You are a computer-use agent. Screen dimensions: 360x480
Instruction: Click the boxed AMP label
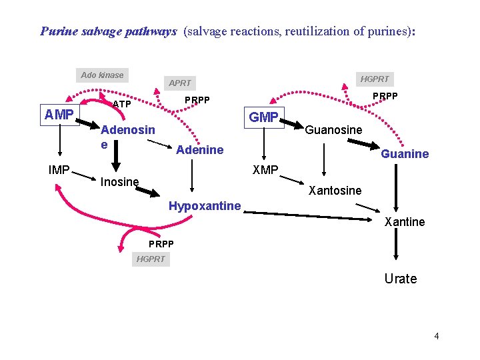59,115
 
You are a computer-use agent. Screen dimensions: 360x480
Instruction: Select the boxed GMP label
264,117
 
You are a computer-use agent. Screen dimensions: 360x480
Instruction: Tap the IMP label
59,170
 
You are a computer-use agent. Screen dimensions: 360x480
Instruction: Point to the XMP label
265,170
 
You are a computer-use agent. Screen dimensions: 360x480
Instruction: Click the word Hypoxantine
205,206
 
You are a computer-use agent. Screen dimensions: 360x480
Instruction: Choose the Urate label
400,279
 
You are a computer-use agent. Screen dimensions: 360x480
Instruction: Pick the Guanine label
405,154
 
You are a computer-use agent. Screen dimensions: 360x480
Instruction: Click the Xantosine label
335,191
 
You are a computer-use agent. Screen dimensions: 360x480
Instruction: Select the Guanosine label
333,129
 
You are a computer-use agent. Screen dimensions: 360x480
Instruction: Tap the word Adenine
199,149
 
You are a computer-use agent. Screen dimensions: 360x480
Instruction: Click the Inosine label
119,181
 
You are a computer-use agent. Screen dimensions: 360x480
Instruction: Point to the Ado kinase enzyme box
102,75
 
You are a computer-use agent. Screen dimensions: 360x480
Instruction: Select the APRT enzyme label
180,83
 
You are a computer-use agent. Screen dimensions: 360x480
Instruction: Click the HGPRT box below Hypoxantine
150,259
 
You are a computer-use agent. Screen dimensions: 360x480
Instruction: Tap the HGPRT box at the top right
375,79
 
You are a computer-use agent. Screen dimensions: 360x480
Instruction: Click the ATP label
121,104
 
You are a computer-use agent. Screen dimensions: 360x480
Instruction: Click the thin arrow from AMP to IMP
59,143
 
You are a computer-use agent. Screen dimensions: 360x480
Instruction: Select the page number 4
437,336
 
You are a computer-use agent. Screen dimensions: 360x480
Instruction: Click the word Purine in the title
57,31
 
